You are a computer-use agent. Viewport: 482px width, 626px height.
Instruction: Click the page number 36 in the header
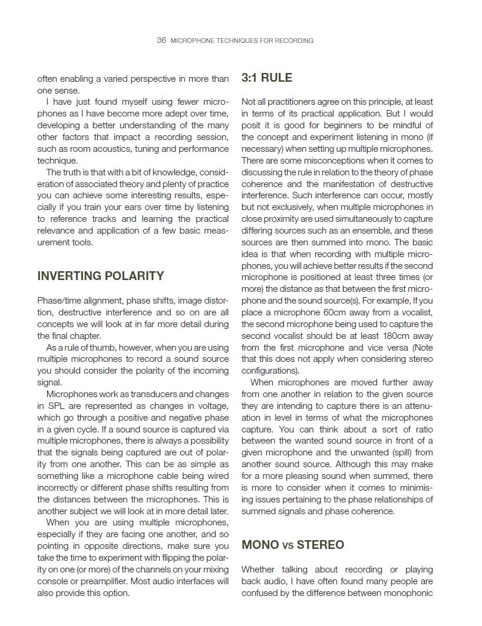161,41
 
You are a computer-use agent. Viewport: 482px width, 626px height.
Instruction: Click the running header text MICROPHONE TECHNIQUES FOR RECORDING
242,41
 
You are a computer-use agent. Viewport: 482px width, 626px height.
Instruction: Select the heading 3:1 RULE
267,78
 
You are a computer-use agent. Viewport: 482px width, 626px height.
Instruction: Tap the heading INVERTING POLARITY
101,276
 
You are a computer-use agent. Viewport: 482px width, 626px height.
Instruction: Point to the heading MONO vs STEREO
293,545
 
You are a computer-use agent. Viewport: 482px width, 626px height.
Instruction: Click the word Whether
258,570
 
